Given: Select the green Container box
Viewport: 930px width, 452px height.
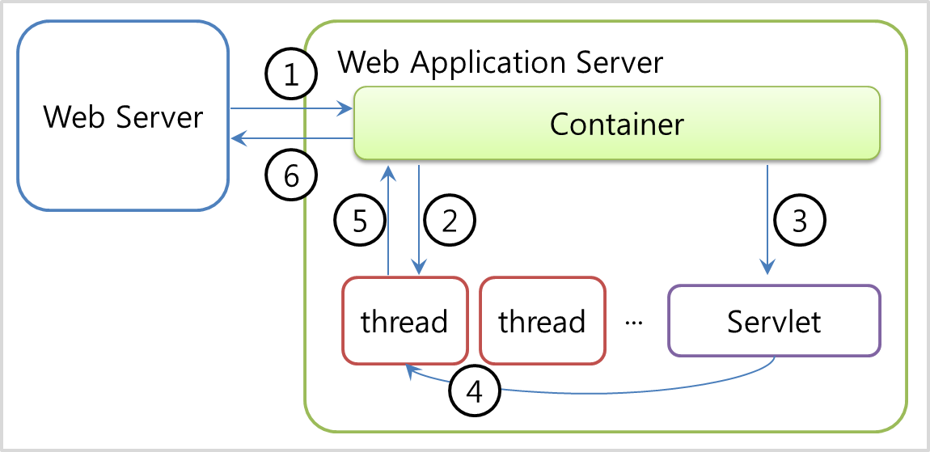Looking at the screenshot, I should click(616, 123).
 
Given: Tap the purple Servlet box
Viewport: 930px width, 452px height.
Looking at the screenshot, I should click(774, 321).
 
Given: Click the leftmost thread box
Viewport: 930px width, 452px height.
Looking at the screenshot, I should click(404, 321).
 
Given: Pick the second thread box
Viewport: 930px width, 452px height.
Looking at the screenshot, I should click(542, 321).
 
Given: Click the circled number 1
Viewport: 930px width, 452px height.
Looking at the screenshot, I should click(292, 76).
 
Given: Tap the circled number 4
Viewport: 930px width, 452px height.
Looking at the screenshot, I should click(475, 392).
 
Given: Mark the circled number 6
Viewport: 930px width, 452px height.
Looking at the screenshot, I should click(292, 173).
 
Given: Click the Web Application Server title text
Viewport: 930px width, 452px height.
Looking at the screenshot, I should click(500, 61).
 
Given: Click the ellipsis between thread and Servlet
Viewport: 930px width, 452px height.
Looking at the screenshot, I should click(634, 323).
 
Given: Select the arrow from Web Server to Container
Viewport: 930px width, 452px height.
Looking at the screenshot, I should click(291, 108).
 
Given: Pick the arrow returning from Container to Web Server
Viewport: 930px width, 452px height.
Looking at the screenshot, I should click(291, 139).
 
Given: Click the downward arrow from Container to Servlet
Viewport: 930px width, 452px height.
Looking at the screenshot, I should click(766, 218).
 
